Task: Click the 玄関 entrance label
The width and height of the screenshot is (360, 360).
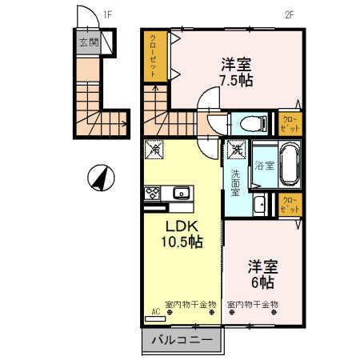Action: (x=88, y=43)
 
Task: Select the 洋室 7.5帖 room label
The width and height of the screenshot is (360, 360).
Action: (x=236, y=70)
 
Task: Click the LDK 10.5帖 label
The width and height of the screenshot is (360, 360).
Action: (x=183, y=234)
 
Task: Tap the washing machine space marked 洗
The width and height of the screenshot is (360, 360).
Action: (x=236, y=148)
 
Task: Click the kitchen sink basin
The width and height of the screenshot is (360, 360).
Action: (x=181, y=193)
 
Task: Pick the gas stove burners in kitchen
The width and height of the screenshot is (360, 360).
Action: (x=152, y=193)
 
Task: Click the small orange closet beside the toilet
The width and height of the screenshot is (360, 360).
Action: (x=289, y=123)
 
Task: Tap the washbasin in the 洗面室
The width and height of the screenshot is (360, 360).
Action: (x=258, y=207)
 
